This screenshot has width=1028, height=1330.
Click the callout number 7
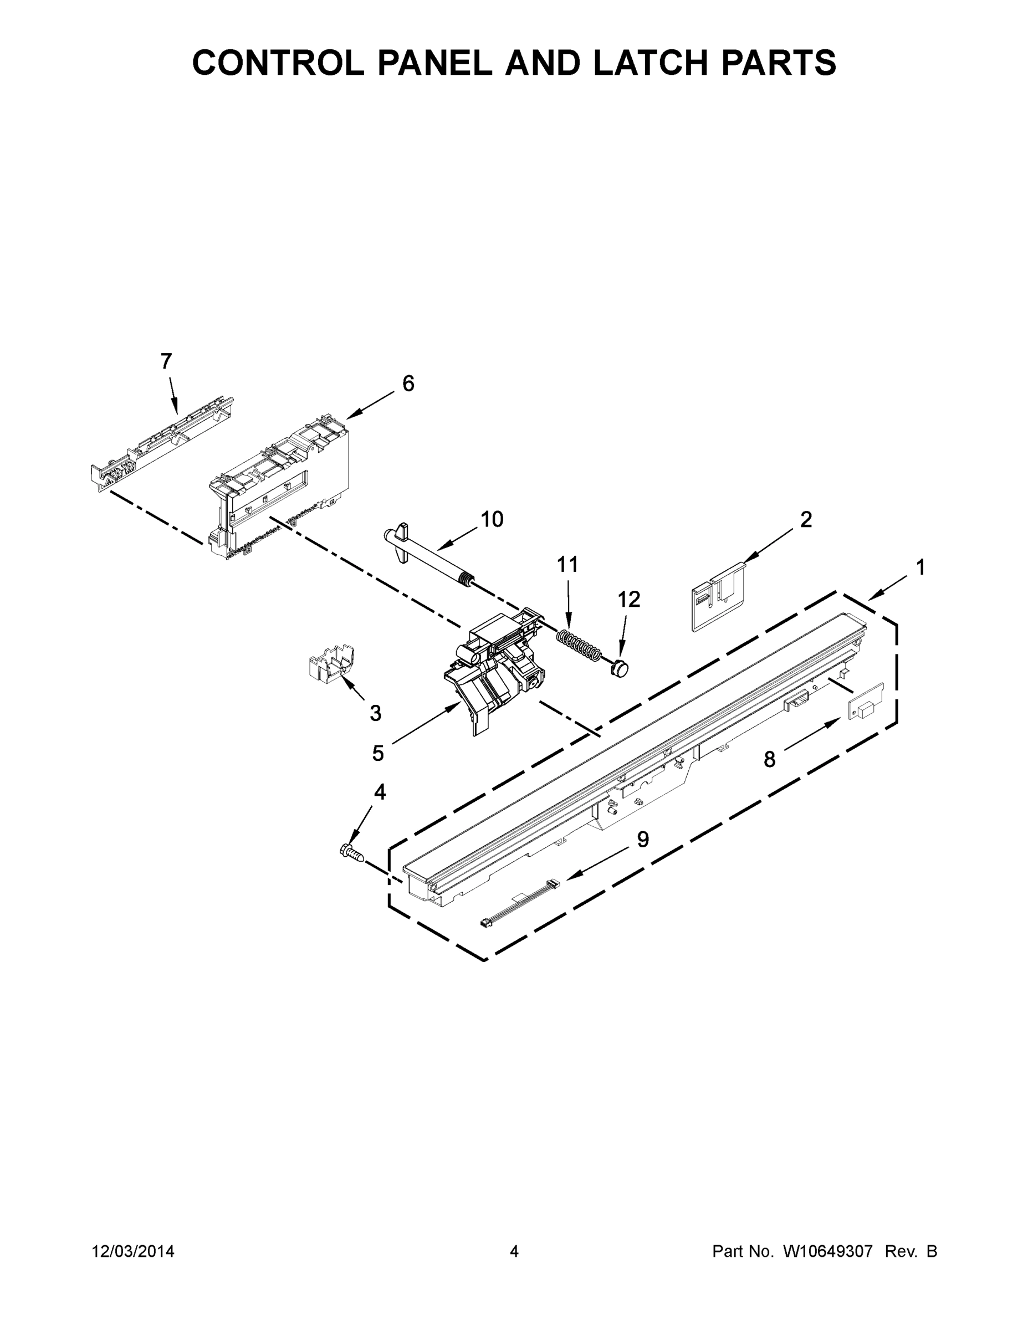(x=166, y=361)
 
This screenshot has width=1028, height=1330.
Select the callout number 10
(x=492, y=519)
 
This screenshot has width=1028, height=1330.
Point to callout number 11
(x=567, y=565)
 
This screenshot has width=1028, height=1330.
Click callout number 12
(x=629, y=599)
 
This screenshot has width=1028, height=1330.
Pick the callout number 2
(x=806, y=519)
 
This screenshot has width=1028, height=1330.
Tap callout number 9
(x=642, y=839)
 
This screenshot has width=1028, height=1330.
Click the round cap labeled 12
(x=620, y=666)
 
